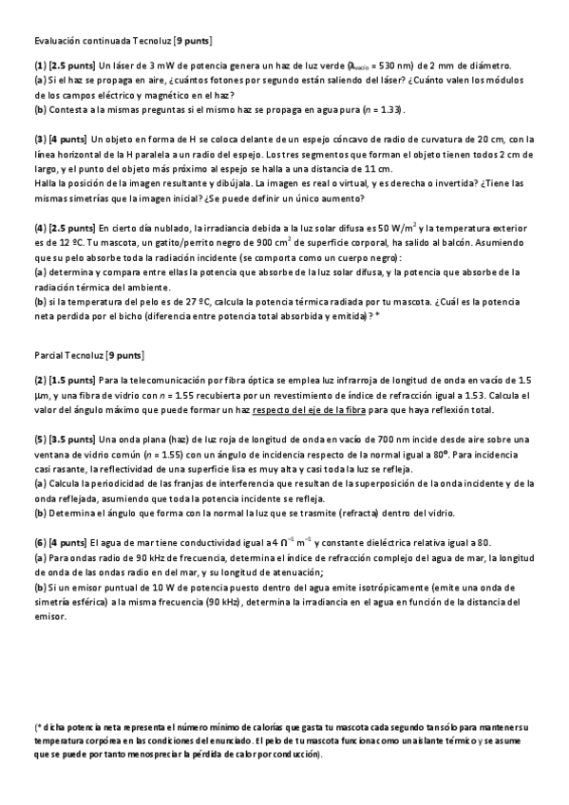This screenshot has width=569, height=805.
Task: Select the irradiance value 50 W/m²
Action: (397, 228)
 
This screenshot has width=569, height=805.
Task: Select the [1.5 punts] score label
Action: (71, 380)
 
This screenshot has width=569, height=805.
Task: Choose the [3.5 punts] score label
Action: (71, 440)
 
